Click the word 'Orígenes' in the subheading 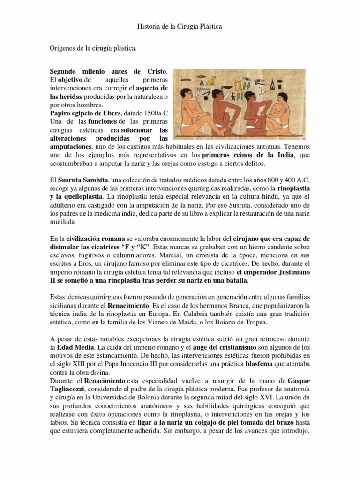click(x=64, y=48)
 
